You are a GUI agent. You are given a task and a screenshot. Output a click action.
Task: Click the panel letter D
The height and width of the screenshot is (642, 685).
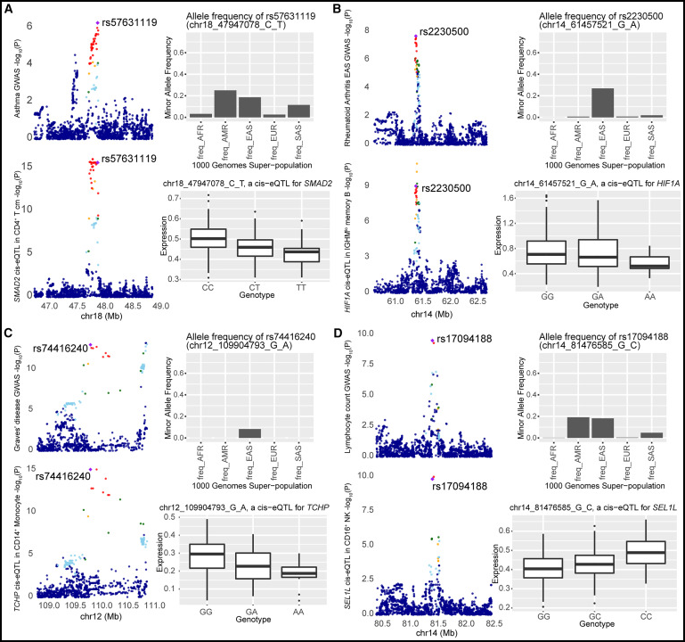click(x=350, y=334)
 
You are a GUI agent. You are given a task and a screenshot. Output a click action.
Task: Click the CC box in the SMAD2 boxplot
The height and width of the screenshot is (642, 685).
click(x=208, y=238)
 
